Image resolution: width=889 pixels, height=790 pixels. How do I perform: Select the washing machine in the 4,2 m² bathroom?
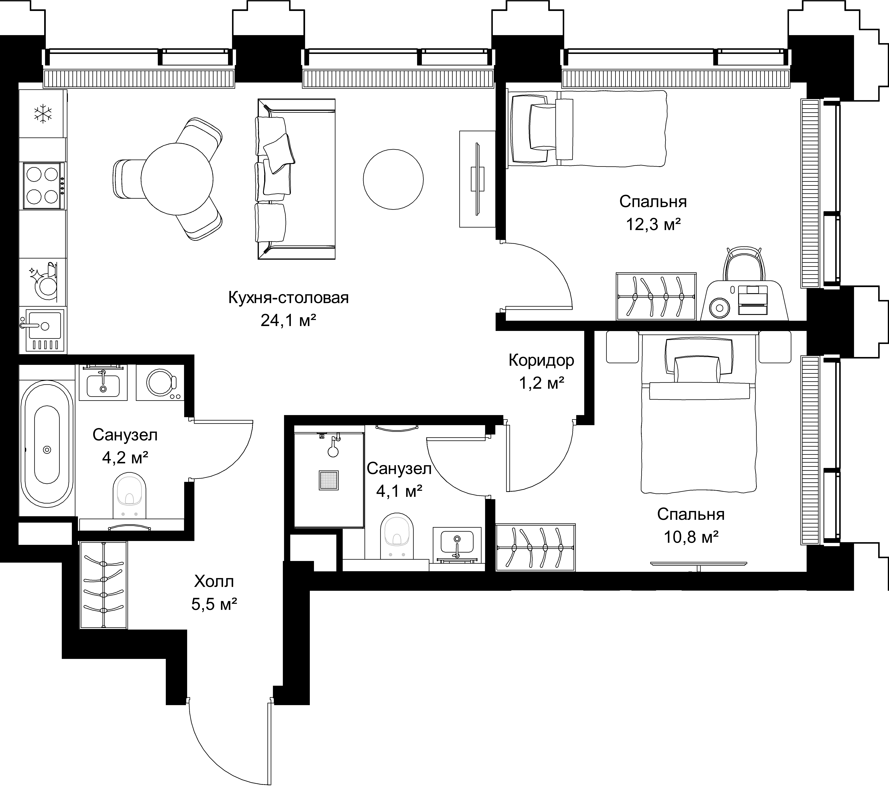[x=160, y=382]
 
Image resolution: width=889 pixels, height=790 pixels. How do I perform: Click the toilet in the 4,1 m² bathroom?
[x=396, y=536]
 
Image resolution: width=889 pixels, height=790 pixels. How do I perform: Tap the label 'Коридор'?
[x=542, y=360]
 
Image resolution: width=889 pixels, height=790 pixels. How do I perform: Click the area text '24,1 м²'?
[x=288, y=321]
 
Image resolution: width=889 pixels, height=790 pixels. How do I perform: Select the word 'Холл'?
[x=214, y=581]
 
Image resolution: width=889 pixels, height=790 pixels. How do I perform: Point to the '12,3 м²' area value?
[x=653, y=225]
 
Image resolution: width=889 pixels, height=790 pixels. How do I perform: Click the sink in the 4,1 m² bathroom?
[x=457, y=546]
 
